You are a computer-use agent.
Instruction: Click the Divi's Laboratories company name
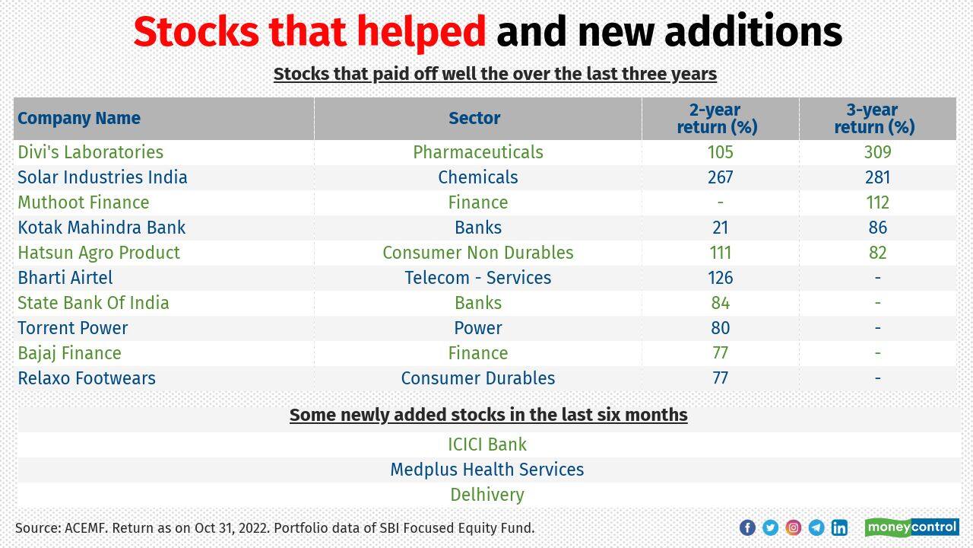coord(90,152)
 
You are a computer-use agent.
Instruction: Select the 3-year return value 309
coord(877,152)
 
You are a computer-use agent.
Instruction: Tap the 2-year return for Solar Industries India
coord(720,177)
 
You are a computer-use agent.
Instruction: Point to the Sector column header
coord(474,118)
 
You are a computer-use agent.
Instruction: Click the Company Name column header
coord(79,118)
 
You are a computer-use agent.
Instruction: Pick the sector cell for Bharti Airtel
coord(477,278)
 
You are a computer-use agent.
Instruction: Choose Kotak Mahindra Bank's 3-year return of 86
coord(877,228)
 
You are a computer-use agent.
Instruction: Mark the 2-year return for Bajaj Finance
coord(720,353)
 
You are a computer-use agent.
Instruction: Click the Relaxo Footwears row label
coord(87,378)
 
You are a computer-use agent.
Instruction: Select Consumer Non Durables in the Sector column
coord(477,253)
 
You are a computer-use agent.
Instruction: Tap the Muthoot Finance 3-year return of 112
coord(877,202)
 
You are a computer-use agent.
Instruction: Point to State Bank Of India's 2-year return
coord(720,303)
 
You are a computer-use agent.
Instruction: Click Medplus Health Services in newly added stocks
coord(486,470)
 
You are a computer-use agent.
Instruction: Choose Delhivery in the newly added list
coord(486,495)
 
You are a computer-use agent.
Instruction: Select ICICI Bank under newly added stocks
coord(486,444)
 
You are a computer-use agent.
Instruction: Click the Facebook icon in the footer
coord(747,527)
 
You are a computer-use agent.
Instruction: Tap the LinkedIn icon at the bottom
coord(839,527)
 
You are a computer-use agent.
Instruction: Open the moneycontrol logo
coord(911,527)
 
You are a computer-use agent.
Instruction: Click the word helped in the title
coord(421,33)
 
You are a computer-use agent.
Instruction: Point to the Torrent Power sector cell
coord(477,328)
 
